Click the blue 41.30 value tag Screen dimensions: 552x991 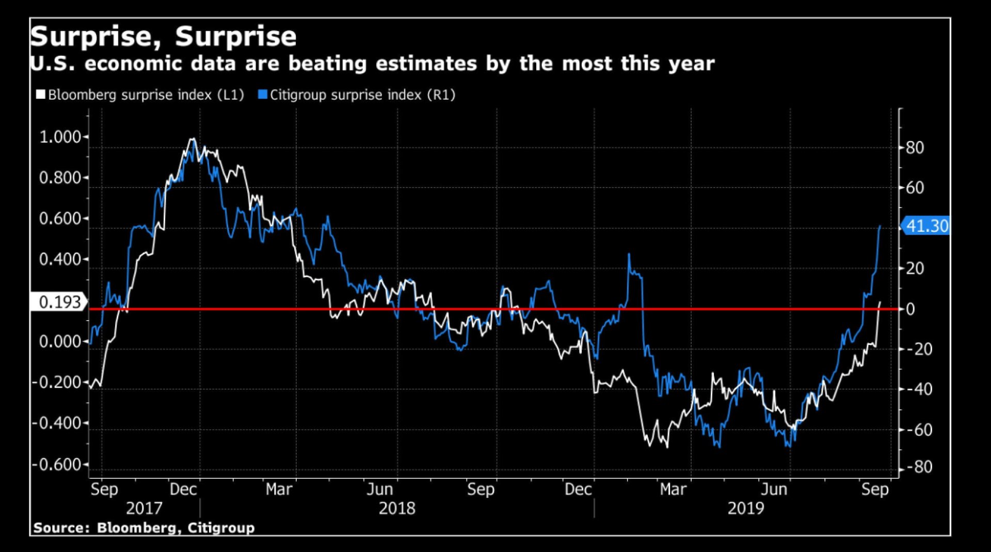pyautogui.click(x=926, y=226)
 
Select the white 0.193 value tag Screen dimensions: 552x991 pyautogui.click(x=59, y=302)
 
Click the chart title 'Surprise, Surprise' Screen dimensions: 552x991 pyautogui.click(x=163, y=37)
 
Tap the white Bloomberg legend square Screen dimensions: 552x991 pyautogui.click(x=40, y=94)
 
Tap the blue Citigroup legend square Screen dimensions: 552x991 pyautogui.click(x=263, y=94)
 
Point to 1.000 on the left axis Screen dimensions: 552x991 pyautogui.click(x=60, y=137)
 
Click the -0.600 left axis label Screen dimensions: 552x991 pyautogui.click(x=57, y=464)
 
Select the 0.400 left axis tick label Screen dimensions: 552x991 pyautogui.click(x=60, y=259)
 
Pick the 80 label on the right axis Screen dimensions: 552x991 pyautogui.click(x=915, y=148)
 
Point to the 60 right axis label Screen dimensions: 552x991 pyautogui.click(x=915, y=188)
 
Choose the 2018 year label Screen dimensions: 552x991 pyautogui.click(x=396, y=509)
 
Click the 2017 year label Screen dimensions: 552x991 pyautogui.click(x=144, y=509)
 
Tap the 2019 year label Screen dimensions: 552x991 pyautogui.click(x=745, y=509)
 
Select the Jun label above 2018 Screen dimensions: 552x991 pyautogui.click(x=379, y=489)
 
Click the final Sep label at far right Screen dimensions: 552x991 pyautogui.click(x=875, y=489)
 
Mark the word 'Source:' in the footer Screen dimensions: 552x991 pyautogui.click(x=61, y=528)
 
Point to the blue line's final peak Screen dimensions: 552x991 pyautogui.click(x=880, y=226)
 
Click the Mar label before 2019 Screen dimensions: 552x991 pyautogui.click(x=673, y=489)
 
